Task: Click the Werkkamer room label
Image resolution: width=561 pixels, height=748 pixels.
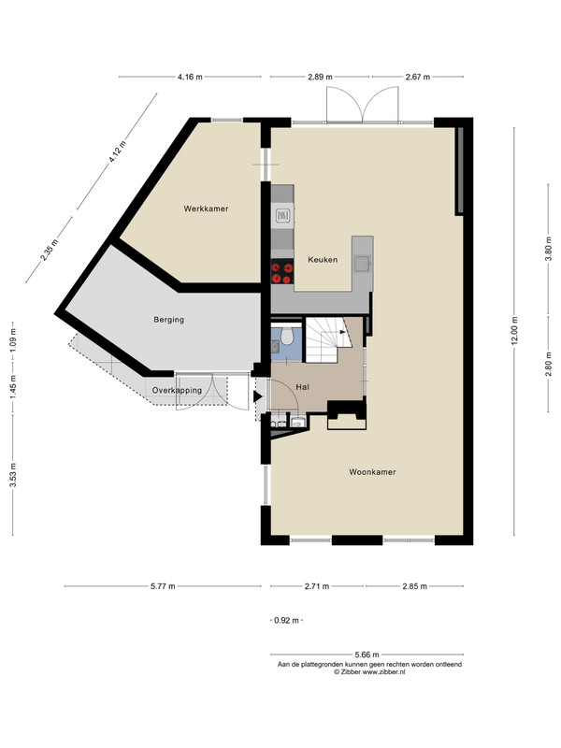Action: pos(206,209)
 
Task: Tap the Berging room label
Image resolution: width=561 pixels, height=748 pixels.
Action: pos(169,320)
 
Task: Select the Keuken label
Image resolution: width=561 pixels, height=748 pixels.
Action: pos(323,260)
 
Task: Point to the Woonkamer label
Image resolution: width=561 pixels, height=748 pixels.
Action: pos(372,472)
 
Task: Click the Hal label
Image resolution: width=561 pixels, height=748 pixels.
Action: pos(302,387)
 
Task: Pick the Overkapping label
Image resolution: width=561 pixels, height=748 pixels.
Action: pos(177,390)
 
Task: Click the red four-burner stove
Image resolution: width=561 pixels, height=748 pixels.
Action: pos(282,273)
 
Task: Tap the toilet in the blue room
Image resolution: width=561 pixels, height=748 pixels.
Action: pos(287,336)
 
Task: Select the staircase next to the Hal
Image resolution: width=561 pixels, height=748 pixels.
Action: pos(328,339)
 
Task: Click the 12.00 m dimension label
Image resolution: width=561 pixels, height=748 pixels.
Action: pos(515,331)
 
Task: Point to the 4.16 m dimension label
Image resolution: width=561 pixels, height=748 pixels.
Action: pos(190,77)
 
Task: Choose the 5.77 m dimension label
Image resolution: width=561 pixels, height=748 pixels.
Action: pos(163,586)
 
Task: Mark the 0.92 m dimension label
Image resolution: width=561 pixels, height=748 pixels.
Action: pos(286,621)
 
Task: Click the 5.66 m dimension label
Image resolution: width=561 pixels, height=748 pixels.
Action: pos(367,654)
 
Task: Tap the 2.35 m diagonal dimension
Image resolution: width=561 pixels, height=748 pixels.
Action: pos(50,250)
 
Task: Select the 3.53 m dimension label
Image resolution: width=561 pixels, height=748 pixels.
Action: pos(14,475)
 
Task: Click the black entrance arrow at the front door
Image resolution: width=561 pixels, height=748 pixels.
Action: pos(258,396)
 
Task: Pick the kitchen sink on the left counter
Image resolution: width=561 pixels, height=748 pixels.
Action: pos(282,217)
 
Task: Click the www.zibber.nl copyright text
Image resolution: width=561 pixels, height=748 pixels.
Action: pos(369,671)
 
